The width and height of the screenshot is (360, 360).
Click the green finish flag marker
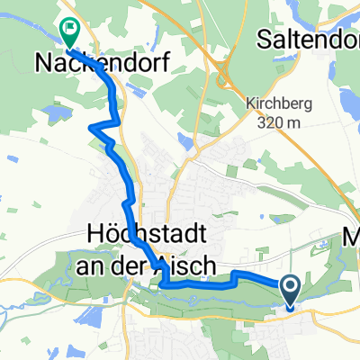pyautogui.click(x=69, y=31)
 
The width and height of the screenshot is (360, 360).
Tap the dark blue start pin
pyautogui.click(x=292, y=291)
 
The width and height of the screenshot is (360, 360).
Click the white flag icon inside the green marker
pyautogui.click(x=69, y=29)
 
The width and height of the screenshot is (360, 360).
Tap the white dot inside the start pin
pyautogui.click(x=292, y=287)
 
